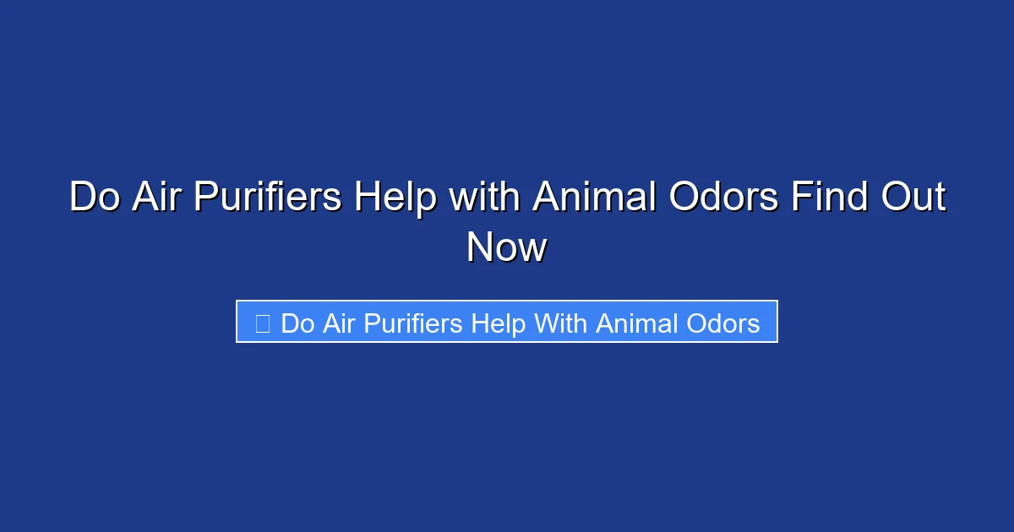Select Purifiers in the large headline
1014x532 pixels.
point(268,198)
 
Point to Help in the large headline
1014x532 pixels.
point(395,198)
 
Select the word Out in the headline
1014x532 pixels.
point(913,198)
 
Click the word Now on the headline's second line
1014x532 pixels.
point(507,248)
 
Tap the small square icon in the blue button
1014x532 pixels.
point(263,323)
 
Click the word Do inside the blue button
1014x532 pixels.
point(297,323)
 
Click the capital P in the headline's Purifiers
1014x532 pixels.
point(206,198)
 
